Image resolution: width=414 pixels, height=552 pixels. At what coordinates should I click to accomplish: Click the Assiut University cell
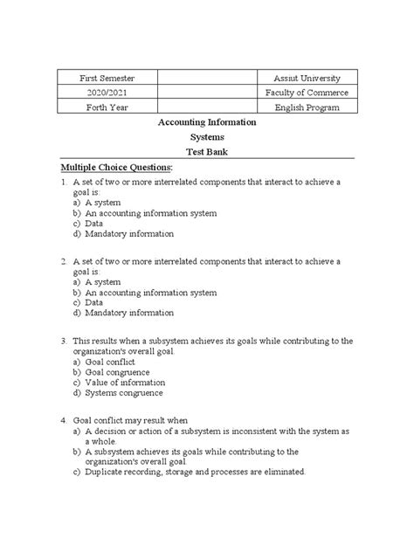(300, 79)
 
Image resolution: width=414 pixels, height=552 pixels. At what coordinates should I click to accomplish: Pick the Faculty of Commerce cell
(300, 93)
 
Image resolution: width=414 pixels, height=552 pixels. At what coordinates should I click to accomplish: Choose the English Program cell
(300, 107)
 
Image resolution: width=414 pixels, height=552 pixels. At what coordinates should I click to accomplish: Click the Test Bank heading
(206, 152)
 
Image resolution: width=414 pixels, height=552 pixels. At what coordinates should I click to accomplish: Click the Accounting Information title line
(206, 123)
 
